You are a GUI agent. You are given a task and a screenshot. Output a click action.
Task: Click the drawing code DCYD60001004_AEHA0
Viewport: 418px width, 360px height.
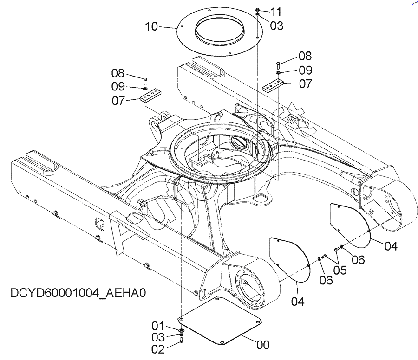[x=78, y=293]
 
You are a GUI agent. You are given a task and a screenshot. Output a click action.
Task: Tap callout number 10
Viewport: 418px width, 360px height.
[x=151, y=26]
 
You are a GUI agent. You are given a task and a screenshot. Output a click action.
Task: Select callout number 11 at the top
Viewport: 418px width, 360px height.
[x=276, y=12]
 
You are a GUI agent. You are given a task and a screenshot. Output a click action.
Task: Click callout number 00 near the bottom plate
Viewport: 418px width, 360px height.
[x=263, y=345]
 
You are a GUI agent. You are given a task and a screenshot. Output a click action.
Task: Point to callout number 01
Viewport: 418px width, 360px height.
[x=158, y=326]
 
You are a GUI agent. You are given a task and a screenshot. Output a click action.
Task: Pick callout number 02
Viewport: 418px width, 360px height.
[x=158, y=349]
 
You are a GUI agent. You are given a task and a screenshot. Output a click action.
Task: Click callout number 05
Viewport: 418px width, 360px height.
[x=340, y=270]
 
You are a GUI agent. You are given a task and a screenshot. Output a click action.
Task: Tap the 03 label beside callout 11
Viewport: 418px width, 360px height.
[x=276, y=26]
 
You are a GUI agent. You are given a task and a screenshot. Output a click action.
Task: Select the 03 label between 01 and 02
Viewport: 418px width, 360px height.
[x=158, y=337]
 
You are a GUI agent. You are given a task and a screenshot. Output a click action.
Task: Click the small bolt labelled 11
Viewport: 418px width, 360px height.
[x=257, y=10]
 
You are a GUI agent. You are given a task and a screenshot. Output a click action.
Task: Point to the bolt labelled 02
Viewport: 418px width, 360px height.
[x=182, y=340]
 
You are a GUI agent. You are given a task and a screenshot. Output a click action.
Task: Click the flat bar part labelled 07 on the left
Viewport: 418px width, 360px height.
[x=151, y=95]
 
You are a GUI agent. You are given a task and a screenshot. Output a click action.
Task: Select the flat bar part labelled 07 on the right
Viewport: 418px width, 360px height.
[x=273, y=85]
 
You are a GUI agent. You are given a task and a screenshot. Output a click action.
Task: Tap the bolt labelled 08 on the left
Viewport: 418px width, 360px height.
[x=145, y=81]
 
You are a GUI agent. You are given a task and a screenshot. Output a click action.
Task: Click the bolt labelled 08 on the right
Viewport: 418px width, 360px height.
[x=278, y=65]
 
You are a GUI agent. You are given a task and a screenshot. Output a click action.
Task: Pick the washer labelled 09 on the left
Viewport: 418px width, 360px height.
[x=145, y=88]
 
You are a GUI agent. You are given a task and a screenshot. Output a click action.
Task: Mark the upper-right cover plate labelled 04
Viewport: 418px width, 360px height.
[x=350, y=225]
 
